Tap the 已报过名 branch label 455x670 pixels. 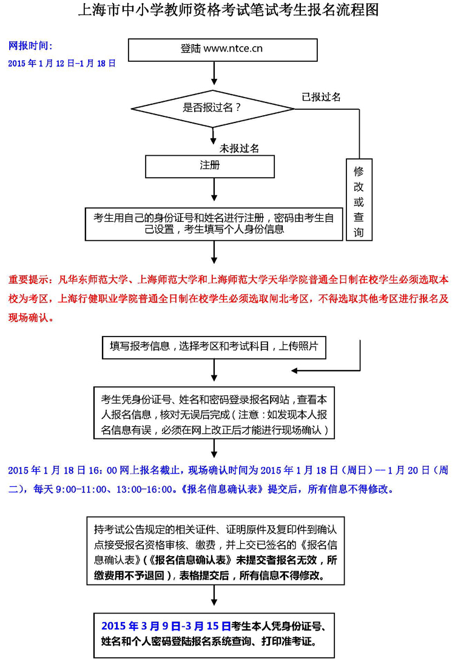pos(322,97)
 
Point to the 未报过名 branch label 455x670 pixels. pos(240,148)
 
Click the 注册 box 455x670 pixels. pos(210,166)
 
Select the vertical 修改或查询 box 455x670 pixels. pos(359,200)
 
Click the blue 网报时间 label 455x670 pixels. pos(30,46)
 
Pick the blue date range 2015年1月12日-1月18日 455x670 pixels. pos(62,63)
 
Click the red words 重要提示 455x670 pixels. pos(30,280)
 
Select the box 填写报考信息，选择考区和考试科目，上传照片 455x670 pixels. pos(214,346)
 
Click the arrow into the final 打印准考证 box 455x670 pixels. pos(214,598)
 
